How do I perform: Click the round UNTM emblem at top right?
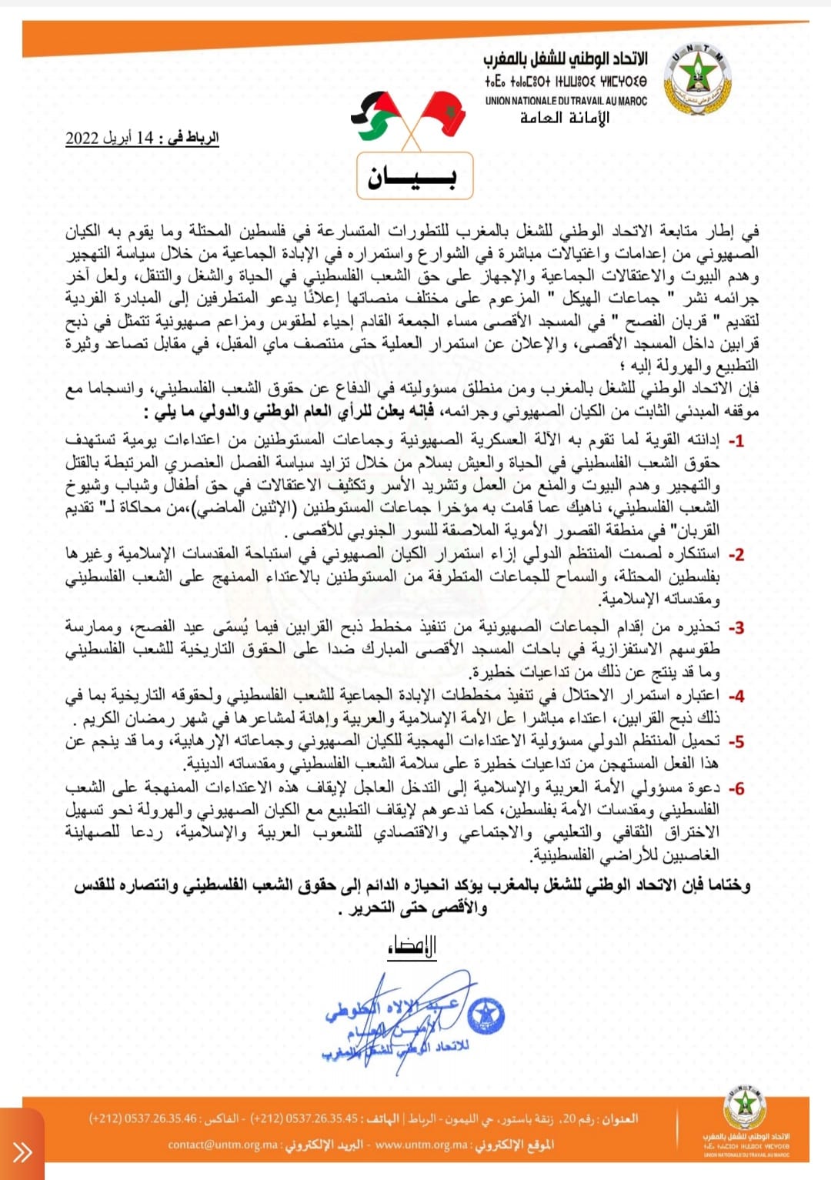[697, 80]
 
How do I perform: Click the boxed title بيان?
[415, 177]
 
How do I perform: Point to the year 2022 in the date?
[82, 138]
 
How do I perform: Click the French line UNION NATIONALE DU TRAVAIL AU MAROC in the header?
[566, 101]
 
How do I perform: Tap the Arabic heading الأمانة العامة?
[565, 118]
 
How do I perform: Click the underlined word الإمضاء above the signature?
[412, 946]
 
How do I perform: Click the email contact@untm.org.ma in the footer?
[223, 1145]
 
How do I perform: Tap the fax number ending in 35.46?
[143, 1118]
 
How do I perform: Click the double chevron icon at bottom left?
[22, 1152]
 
